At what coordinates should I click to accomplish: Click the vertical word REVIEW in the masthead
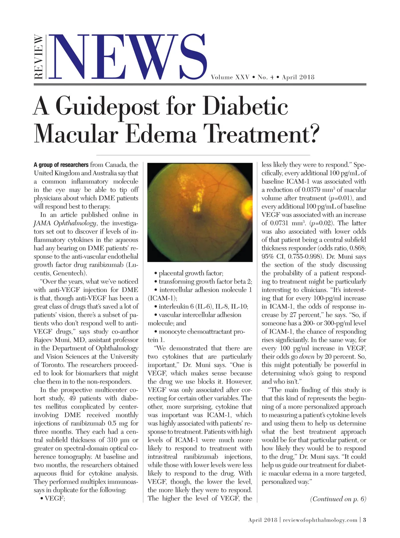coord(39,57)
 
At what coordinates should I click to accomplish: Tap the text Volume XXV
coord(230,77)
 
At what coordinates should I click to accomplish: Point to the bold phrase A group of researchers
coord(61,165)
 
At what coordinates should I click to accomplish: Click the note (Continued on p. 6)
coord(338,499)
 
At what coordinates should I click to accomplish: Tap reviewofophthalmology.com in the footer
coord(320,520)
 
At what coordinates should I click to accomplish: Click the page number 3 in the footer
coord(364,520)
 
